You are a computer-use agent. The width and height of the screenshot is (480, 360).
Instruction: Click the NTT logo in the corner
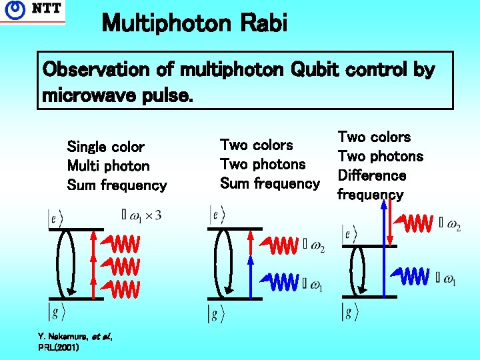33,11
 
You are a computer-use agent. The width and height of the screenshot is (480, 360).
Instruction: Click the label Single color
105,147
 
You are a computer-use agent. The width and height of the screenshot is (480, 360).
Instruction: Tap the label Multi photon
108,166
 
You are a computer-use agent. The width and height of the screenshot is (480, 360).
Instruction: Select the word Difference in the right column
371,175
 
